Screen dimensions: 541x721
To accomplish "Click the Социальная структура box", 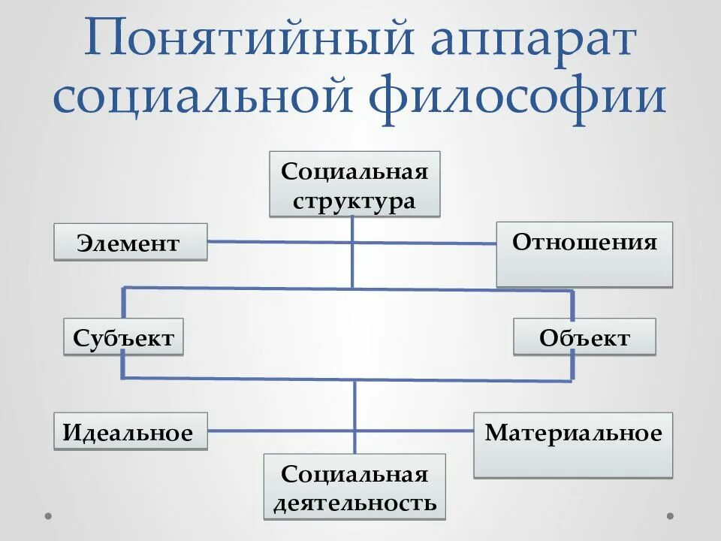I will [354, 184].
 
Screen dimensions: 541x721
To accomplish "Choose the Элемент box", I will [130, 242].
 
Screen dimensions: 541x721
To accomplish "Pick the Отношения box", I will [584, 253].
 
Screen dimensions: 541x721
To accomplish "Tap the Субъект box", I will [124, 337].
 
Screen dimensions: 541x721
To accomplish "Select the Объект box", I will [584, 337].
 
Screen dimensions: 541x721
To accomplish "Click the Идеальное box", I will [130, 431].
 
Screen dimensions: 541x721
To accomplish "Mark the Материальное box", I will [573, 444].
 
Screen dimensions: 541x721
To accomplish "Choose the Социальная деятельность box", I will [354, 486].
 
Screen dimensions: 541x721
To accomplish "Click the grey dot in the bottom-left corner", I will [47, 516].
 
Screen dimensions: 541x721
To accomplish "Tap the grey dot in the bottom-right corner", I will [671, 516].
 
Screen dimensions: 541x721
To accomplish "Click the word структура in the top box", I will [354, 201].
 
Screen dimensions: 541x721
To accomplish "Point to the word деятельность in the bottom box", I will [354, 503].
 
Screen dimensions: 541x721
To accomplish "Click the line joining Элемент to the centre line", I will [278, 242].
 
